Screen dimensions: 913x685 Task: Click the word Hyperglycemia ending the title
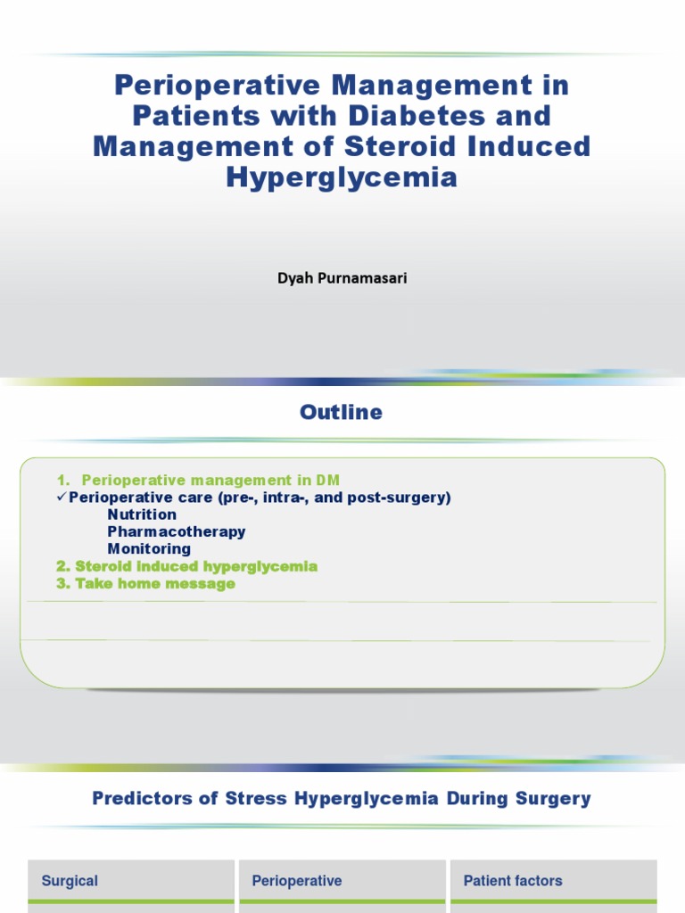pos(342,177)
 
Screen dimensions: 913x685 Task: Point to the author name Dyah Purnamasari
pos(342,278)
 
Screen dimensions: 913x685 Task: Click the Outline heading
pos(342,412)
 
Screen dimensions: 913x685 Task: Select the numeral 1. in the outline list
pos(63,481)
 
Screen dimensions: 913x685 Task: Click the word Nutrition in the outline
pos(142,514)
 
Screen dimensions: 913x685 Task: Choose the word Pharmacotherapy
pos(177,531)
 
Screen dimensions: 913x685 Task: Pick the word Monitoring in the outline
pos(149,548)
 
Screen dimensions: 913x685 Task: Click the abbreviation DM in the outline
pos(327,481)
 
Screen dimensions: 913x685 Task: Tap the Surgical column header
pos(70,881)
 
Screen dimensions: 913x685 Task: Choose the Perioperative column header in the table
pos(297,881)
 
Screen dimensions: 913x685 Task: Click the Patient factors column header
pos(513,881)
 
